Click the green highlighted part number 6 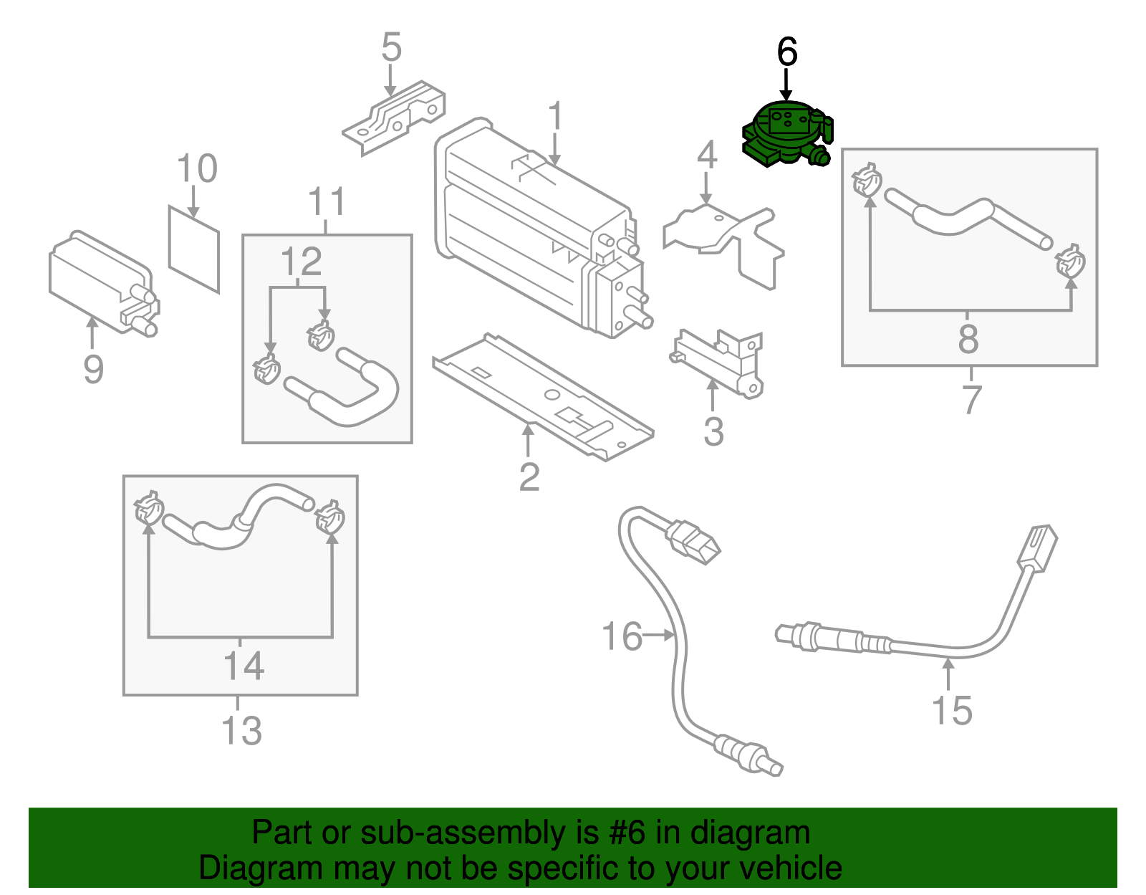(786, 135)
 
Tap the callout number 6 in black (786, 52)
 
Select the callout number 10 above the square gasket (196, 169)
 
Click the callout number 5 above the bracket (391, 47)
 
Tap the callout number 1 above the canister (555, 118)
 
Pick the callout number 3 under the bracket (713, 432)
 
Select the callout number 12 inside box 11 (301, 262)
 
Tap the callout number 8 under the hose (968, 339)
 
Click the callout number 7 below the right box (971, 399)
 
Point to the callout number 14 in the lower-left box (244, 666)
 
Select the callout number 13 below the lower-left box (241, 730)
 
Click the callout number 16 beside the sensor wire (622, 636)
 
